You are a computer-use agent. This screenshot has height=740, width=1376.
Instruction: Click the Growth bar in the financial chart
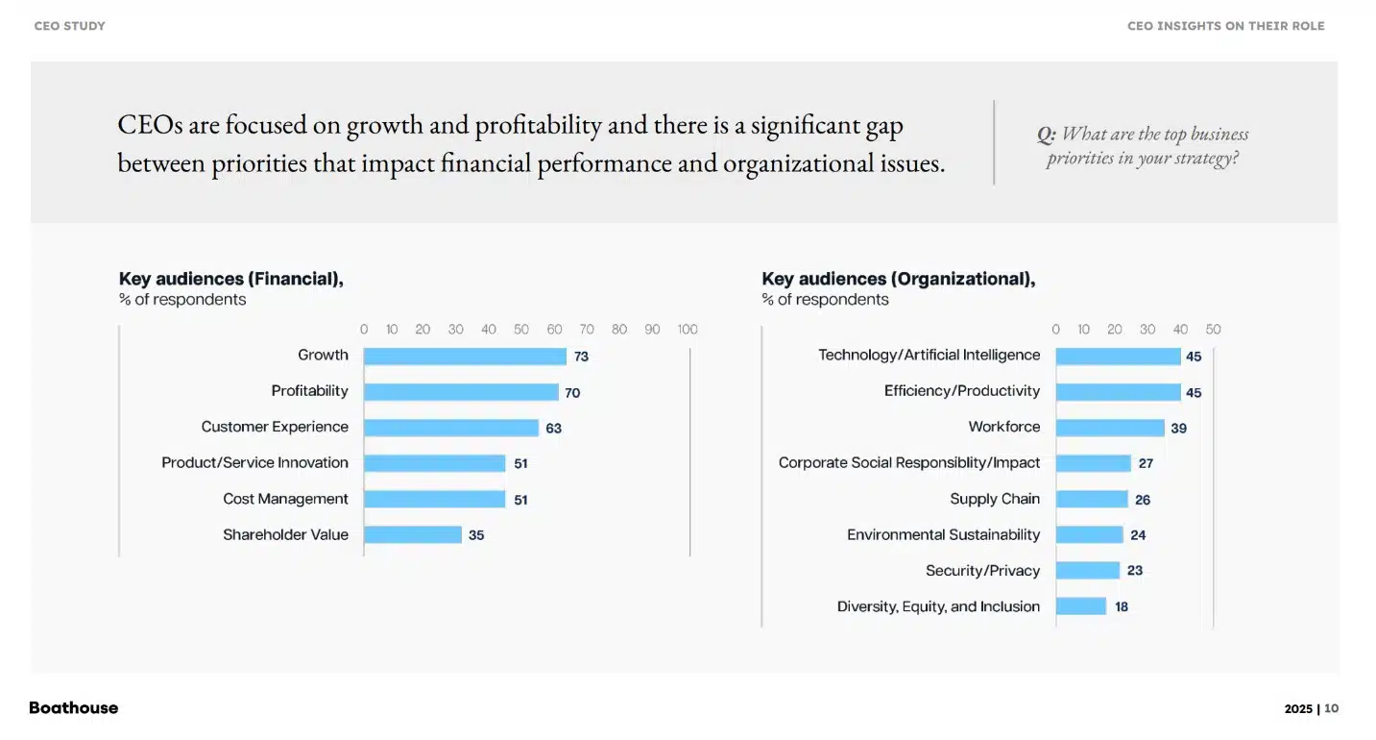[465, 356]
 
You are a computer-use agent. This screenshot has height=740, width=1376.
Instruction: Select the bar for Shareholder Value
[413, 535]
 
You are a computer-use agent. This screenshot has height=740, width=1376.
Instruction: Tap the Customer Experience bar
[451, 428]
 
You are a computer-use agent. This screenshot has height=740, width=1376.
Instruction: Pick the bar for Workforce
[1110, 428]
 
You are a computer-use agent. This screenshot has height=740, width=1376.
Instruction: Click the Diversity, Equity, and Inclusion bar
[1081, 606]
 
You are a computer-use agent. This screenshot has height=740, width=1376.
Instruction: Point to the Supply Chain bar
[1092, 499]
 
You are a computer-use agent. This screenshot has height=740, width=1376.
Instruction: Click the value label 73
[581, 357]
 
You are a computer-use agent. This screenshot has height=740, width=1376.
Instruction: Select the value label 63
[554, 429]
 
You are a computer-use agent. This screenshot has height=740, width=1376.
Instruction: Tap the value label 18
[1122, 607]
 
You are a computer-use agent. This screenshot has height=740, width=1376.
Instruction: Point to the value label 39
[1179, 429]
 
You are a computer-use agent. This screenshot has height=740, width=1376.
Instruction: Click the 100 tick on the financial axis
[688, 330]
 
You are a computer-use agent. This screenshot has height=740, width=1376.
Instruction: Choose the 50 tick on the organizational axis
[1213, 330]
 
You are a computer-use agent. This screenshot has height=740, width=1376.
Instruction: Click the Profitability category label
[309, 391]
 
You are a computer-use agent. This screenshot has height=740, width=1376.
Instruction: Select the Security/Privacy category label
[982, 571]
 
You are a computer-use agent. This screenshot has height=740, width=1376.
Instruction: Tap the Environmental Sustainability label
[943, 534]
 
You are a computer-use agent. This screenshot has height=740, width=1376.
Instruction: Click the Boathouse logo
[74, 708]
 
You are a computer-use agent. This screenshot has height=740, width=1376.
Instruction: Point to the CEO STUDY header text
[70, 26]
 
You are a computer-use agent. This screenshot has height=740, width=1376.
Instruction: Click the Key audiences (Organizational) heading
[898, 279]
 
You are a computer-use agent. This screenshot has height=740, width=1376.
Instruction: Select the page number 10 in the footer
[1331, 709]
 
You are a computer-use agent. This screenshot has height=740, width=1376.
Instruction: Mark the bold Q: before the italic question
[1046, 135]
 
